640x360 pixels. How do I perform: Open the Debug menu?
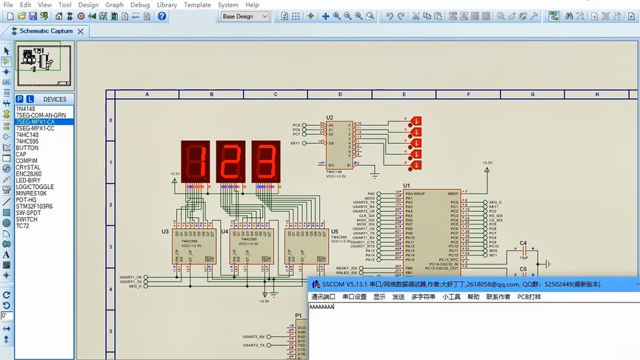[x=139, y=4]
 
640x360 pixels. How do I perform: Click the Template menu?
[x=197, y=4]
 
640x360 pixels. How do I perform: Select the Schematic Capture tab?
[x=46, y=31]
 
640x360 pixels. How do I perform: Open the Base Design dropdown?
[x=245, y=16]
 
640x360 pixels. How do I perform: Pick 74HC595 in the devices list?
[x=27, y=141]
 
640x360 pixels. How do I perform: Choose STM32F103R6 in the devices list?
[x=34, y=207]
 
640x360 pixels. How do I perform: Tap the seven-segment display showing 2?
[x=230, y=159]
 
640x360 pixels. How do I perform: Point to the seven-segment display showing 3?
[x=266, y=159]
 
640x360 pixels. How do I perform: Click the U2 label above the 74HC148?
[x=330, y=118]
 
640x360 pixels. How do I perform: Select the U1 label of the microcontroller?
[x=407, y=185]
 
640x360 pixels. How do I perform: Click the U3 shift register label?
[x=165, y=232]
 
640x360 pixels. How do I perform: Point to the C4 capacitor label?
[x=523, y=243]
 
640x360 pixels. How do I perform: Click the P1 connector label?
[x=299, y=315]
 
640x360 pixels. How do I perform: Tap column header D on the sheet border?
[x=340, y=95]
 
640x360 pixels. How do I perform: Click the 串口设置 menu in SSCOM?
[x=354, y=297]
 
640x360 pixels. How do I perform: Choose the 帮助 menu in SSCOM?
[x=473, y=297]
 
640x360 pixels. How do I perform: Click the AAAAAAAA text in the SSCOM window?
[x=322, y=307]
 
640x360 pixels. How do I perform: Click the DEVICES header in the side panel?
[x=55, y=99]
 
